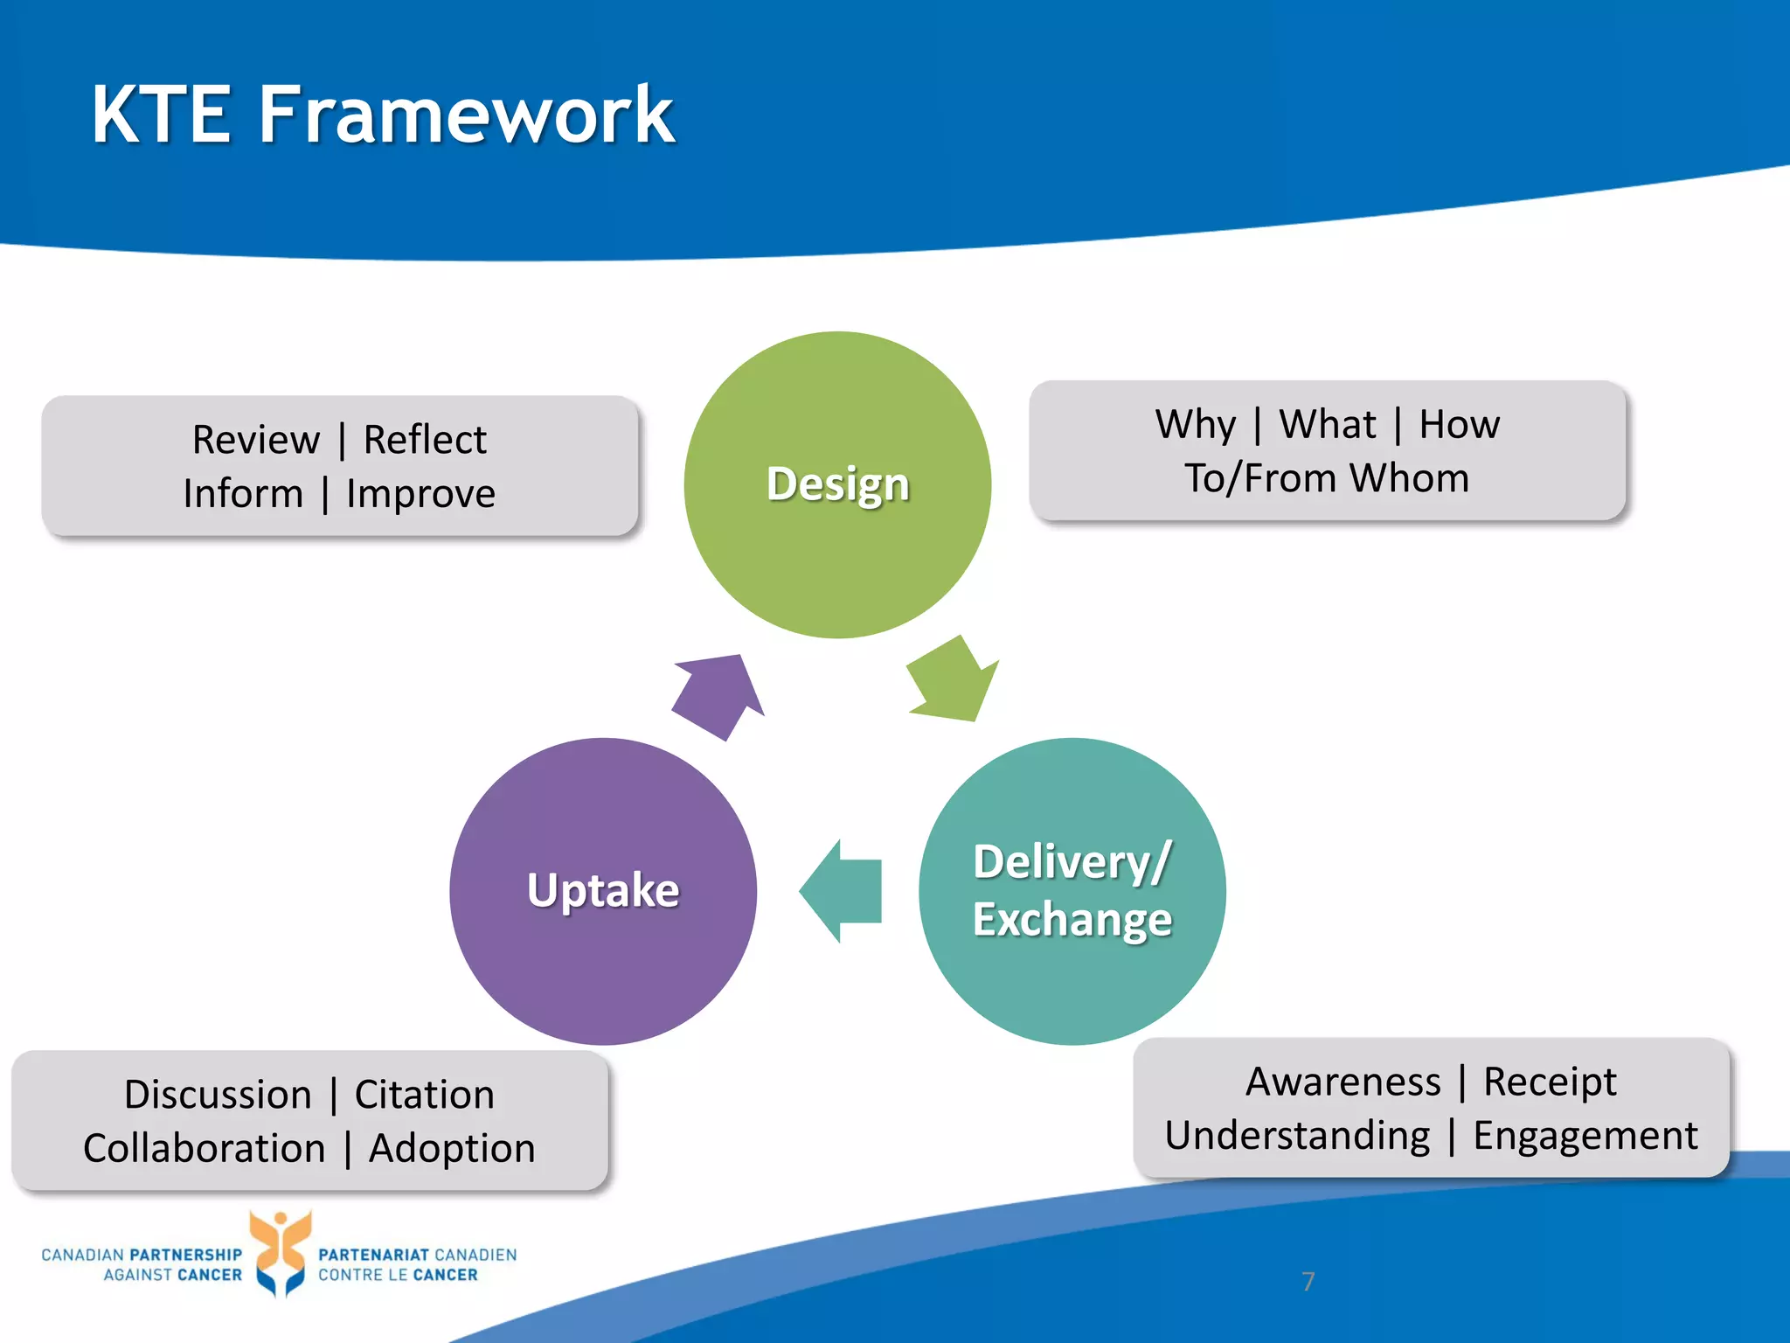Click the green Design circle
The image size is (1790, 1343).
pyautogui.click(x=837, y=542)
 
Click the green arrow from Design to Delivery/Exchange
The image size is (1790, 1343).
pyautogui.click(x=953, y=682)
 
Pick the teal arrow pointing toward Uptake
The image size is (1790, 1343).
pyautogui.click(x=841, y=891)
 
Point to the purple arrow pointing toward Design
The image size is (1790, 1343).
pyautogui.click(x=719, y=695)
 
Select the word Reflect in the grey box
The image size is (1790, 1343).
pyautogui.click(x=425, y=439)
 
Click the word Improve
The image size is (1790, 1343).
pyautogui.click(x=420, y=494)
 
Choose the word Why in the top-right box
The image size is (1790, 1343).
pyautogui.click(x=1195, y=425)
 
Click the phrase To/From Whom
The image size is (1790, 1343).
pyautogui.click(x=1327, y=478)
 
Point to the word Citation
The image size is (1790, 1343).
pyautogui.click(x=424, y=1095)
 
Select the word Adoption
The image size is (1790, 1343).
pyautogui.click(x=451, y=1148)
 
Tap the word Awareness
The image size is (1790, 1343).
pyautogui.click(x=1342, y=1082)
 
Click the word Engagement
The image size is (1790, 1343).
pyautogui.click(x=1585, y=1136)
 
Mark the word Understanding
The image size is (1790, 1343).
pyautogui.click(x=1297, y=1136)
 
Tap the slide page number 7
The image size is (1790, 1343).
pyautogui.click(x=1308, y=1282)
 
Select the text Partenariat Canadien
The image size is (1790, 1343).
pyautogui.click(x=417, y=1255)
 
